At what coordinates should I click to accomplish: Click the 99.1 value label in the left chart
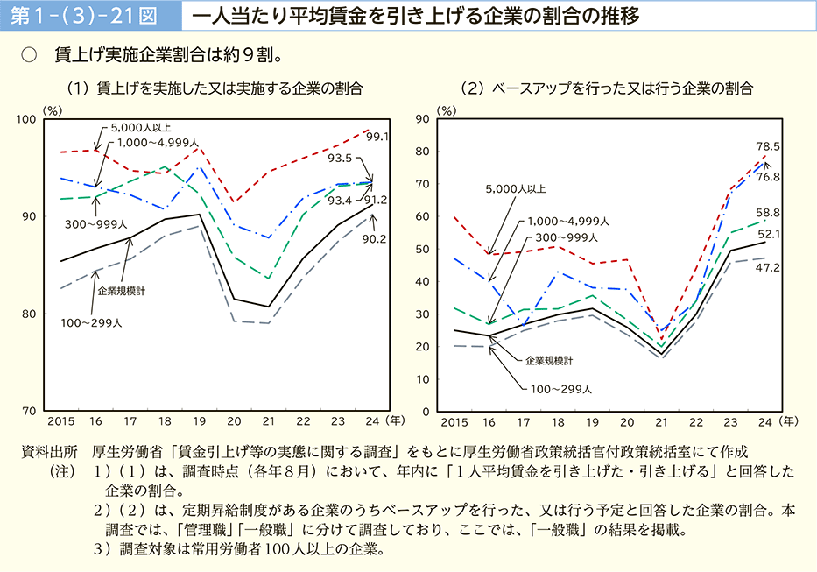pyautogui.click(x=378, y=137)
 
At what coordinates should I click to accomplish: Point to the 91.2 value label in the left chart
pyautogui.click(x=378, y=200)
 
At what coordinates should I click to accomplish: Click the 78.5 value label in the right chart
pyautogui.click(x=768, y=146)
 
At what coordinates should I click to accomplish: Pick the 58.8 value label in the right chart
pyautogui.click(x=769, y=213)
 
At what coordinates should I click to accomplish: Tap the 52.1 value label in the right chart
pyautogui.click(x=768, y=234)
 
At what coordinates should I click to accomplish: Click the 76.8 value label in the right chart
pyautogui.click(x=768, y=177)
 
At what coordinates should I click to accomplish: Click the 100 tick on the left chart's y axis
pyautogui.click(x=25, y=119)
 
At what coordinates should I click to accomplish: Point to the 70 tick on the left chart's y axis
pyautogui.click(x=29, y=411)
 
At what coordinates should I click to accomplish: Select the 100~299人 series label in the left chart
pyautogui.click(x=91, y=323)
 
